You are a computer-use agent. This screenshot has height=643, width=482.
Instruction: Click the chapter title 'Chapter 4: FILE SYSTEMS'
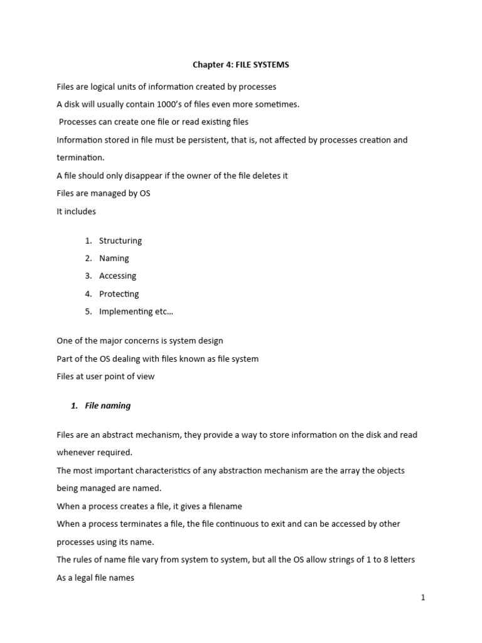[240, 65]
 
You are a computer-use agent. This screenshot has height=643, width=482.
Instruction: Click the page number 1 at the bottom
[423, 598]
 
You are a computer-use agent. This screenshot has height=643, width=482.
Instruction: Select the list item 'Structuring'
[120, 240]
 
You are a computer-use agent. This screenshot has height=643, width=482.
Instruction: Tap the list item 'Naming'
[114, 258]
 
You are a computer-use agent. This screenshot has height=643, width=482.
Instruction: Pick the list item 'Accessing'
[117, 276]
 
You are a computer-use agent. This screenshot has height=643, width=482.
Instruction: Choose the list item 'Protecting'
[119, 294]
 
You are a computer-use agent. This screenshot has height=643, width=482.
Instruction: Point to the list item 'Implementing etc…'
[132, 311]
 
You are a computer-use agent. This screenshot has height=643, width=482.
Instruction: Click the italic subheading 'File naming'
[107, 406]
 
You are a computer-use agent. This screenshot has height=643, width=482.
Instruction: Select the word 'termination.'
[80, 158]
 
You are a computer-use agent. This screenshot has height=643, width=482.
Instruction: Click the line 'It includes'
[77, 212]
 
